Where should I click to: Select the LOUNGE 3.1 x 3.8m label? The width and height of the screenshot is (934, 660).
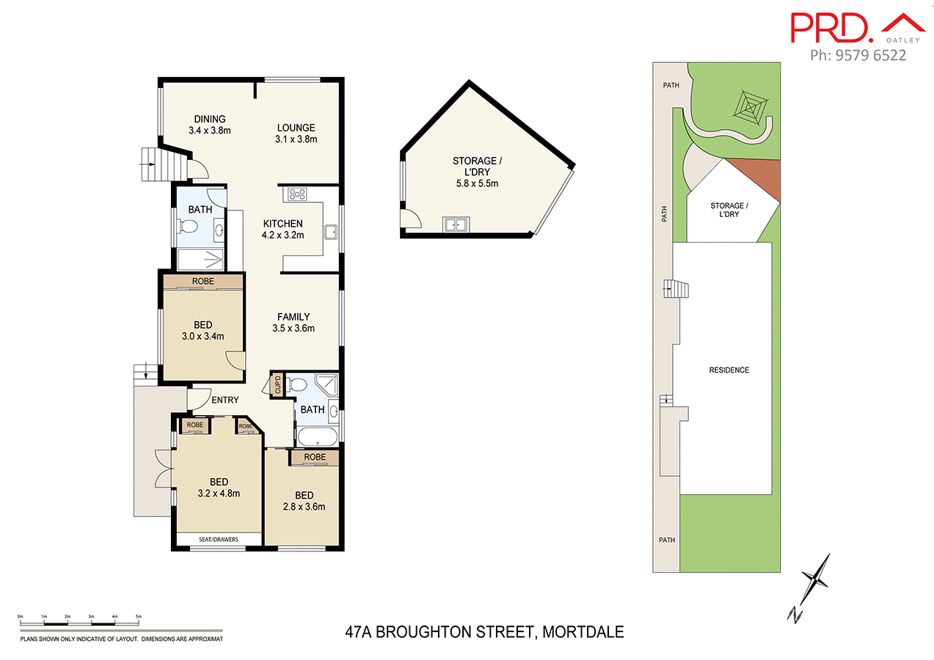[x=296, y=133]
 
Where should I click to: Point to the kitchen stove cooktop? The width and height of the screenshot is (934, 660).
[x=298, y=194]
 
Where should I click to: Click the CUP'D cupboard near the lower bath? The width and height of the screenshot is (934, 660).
[x=277, y=385]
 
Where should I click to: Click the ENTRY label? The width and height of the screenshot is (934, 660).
[x=225, y=400]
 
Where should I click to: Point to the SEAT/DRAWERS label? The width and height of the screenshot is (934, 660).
[x=219, y=540]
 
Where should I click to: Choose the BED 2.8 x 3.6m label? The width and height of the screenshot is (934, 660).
[x=304, y=500]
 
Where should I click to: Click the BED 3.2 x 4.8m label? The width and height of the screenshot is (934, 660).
[x=219, y=487]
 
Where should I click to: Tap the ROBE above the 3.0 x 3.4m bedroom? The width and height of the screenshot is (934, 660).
[x=203, y=281]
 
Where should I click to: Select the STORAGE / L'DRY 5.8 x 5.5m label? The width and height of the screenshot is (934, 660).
[x=477, y=172]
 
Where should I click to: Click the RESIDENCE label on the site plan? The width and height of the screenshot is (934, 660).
[x=729, y=370]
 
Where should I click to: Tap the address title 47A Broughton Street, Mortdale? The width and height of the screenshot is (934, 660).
[x=484, y=631]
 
